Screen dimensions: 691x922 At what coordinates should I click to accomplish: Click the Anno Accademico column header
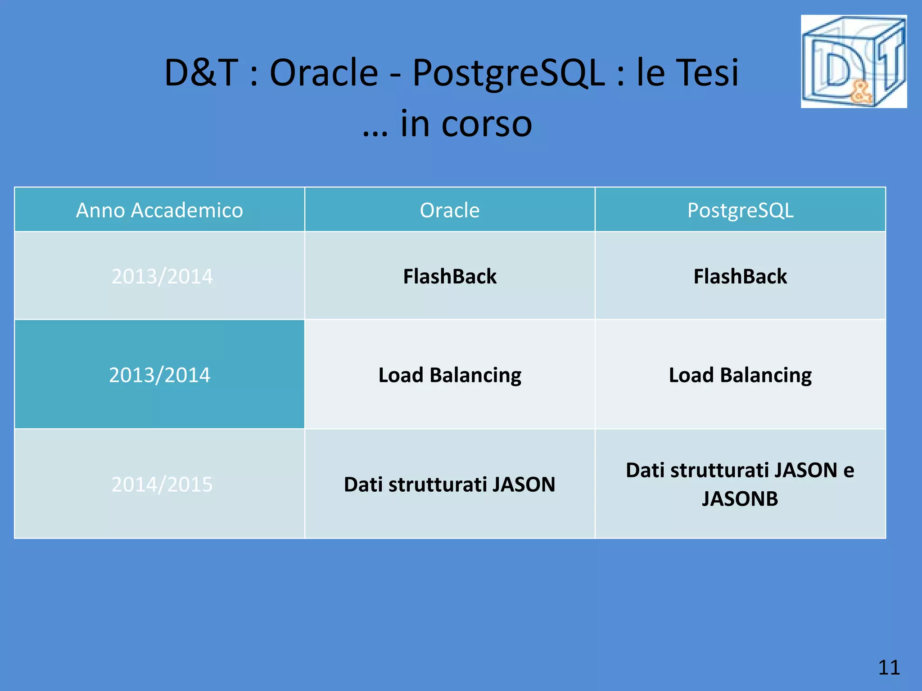[x=159, y=210]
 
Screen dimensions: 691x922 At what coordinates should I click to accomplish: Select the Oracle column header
[x=450, y=210]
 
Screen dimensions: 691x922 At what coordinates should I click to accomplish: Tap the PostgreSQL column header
[x=740, y=210]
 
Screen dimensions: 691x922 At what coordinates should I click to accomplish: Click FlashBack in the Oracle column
[x=450, y=276]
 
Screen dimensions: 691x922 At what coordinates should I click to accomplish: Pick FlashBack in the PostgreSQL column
[x=740, y=276]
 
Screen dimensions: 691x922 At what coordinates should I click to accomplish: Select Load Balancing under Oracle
[x=450, y=375]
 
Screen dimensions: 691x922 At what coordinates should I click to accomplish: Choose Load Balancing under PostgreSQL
[x=740, y=375]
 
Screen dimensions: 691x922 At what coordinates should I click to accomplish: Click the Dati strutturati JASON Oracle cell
[x=450, y=485]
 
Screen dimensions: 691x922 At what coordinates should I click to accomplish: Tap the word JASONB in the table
[x=740, y=498]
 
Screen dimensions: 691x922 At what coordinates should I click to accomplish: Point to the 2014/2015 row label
[x=162, y=485]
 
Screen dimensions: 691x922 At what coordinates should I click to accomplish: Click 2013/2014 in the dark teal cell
[x=159, y=375]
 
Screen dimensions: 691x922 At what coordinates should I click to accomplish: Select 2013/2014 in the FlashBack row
[x=162, y=276]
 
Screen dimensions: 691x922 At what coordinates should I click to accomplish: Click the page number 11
[x=889, y=668]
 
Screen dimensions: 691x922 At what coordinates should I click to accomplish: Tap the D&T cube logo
[x=854, y=62]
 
